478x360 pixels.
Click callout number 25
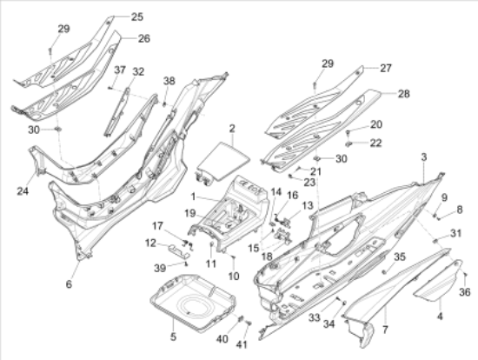137,17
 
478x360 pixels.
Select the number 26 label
143,38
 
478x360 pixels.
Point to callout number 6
70,284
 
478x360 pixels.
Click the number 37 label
120,70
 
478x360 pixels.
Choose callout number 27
385,67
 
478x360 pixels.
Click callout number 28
402,93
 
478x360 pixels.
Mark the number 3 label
423,157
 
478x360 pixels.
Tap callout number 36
465,291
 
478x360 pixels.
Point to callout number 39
160,266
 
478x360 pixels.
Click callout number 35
400,257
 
